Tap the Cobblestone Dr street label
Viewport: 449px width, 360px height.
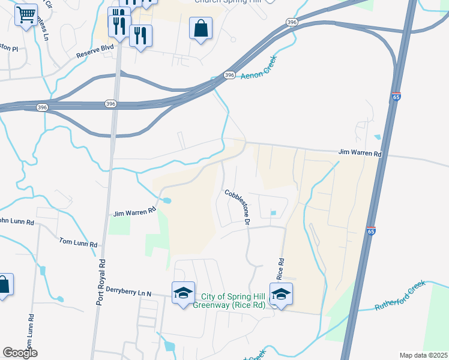pos(237,207)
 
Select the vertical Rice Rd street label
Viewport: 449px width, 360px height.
pos(280,268)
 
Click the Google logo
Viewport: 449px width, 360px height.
pos(20,353)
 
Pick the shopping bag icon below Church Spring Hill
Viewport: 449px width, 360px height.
pos(200,28)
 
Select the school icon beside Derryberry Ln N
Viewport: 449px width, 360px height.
pos(183,293)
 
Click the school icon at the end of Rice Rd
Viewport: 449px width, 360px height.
pos(280,293)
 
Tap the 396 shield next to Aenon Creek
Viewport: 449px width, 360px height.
pos(229,74)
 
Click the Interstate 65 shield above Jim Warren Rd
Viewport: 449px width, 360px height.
pos(396,97)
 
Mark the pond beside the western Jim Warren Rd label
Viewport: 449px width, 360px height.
pos(166,200)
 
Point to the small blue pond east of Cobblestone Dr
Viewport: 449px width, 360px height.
pos(273,212)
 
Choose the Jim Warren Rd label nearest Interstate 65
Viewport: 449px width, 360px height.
pos(360,154)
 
